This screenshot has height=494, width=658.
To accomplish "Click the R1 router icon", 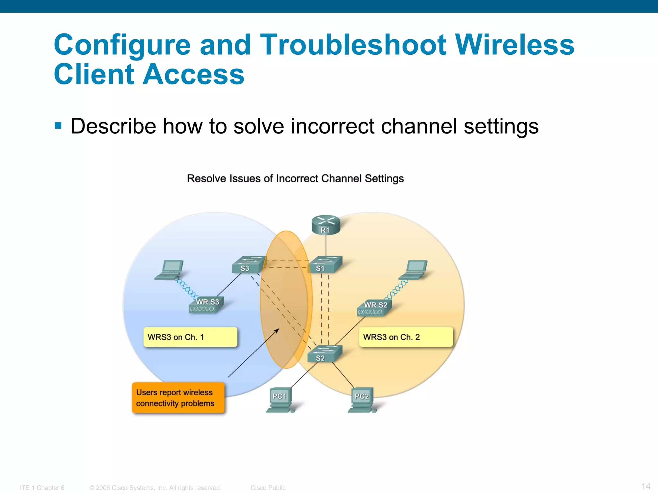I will (325, 225).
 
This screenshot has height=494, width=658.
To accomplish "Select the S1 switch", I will (325, 264).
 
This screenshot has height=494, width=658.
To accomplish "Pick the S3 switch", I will (249, 264).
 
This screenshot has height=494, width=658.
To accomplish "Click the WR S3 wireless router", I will (206, 305).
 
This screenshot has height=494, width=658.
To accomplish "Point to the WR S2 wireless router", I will (374, 308).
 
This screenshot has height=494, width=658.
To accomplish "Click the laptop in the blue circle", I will (170, 270).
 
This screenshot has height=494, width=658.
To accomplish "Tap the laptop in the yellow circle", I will (414, 270).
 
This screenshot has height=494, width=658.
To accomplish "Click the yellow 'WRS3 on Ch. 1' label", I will (190, 337).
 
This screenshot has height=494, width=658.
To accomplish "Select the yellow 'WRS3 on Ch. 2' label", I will (406, 337).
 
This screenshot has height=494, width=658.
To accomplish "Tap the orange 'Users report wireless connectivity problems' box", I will (178, 398).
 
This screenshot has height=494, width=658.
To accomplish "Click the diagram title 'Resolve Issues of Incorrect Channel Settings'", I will (295, 178).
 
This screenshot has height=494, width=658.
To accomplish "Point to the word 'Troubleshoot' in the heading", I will (353, 45).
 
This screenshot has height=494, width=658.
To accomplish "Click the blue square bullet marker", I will (58, 125).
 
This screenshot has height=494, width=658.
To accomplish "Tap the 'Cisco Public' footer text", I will (268, 488).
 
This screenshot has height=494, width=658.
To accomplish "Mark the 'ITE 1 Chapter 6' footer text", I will (42, 488).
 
